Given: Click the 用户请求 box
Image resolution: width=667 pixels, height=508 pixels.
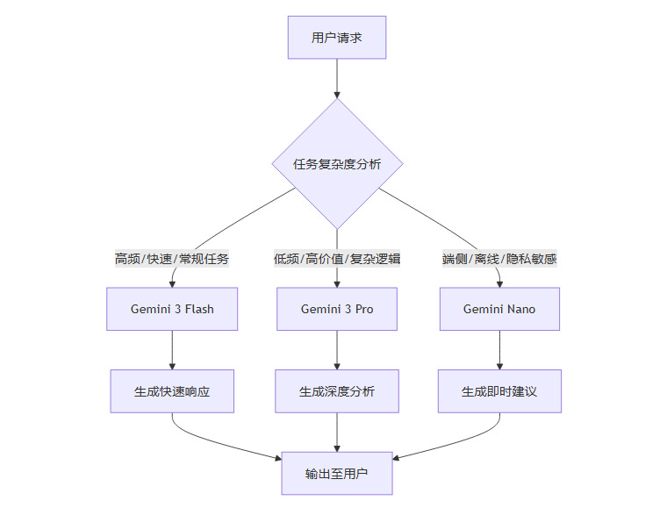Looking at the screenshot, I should [x=337, y=37].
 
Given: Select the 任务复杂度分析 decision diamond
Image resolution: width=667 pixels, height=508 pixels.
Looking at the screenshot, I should [x=337, y=164].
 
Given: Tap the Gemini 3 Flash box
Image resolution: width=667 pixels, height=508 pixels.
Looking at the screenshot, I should [x=172, y=309].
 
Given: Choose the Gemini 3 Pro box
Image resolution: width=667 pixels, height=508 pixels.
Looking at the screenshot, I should [x=337, y=309].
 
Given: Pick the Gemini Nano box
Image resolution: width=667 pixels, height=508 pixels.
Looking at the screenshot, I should [x=499, y=309].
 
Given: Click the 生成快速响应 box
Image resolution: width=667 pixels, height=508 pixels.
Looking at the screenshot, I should [x=172, y=391].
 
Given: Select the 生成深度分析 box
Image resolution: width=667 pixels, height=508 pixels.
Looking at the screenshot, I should [x=337, y=391].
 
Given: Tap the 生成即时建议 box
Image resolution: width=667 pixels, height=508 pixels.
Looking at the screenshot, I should [x=499, y=391].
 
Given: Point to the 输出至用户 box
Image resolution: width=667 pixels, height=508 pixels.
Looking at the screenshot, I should [x=337, y=474].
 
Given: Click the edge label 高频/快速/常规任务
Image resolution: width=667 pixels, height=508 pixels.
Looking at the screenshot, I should [x=172, y=259].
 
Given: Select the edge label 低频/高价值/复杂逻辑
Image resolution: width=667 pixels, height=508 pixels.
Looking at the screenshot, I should [x=337, y=259].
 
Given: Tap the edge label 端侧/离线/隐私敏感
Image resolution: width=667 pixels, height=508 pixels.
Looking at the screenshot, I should [x=499, y=259].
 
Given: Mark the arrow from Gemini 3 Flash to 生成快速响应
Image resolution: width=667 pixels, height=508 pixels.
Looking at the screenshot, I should [x=172, y=350].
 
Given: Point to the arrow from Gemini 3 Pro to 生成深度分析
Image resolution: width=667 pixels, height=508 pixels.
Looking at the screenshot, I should [x=337, y=350].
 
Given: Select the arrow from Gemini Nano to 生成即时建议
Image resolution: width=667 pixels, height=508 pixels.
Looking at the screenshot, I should [x=499, y=350].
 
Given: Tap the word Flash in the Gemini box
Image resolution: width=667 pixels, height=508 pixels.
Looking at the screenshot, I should [x=198, y=309].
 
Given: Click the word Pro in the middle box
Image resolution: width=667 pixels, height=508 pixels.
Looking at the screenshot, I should [x=362, y=309].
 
